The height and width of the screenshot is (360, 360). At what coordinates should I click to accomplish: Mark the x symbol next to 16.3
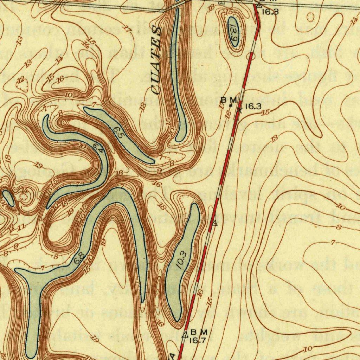[x=240, y=110]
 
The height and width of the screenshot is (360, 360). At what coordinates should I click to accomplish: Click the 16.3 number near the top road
[x=270, y=12]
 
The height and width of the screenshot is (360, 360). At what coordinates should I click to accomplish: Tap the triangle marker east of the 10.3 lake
[x=215, y=223]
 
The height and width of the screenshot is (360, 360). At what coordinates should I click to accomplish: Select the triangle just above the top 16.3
[x=259, y=5]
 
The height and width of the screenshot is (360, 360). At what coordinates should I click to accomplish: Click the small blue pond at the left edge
[x=8, y=198]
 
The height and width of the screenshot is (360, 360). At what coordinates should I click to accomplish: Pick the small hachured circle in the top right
[x=310, y=17]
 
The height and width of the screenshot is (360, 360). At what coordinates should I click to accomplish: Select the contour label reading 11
[x=21, y=227]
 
